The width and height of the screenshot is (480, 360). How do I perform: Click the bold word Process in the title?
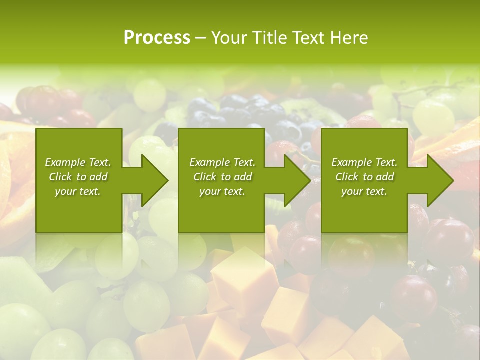[157, 38]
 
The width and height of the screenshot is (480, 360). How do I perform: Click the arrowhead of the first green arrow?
[154, 180]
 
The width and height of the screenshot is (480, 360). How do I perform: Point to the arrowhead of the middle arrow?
[297, 180]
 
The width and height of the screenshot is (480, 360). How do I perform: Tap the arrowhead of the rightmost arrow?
[440, 180]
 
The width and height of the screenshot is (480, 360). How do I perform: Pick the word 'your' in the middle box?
[209, 191]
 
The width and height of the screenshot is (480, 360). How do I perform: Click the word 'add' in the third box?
[385, 177]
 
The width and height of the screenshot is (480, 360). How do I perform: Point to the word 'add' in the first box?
[98, 177]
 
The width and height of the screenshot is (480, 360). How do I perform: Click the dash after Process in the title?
[200, 38]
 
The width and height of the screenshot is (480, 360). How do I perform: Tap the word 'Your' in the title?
[227, 38]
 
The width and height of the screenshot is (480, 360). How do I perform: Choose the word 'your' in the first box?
[65, 191]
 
